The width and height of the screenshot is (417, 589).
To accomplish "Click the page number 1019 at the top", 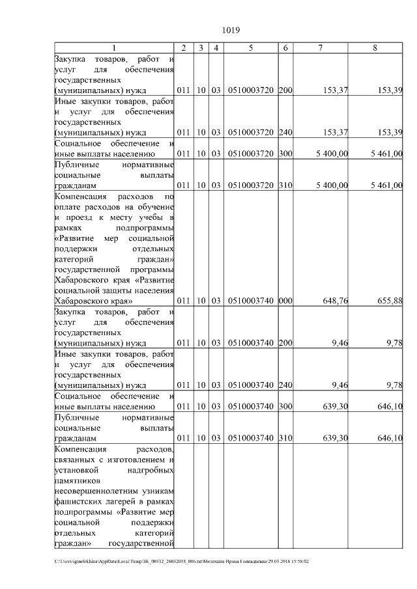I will [232, 31].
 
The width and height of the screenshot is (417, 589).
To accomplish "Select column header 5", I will [251, 48].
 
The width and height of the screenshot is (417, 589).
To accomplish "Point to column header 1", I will [114, 48].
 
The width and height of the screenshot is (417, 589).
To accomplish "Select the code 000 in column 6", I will [285, 301].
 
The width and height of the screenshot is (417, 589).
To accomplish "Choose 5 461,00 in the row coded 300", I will [386, 154].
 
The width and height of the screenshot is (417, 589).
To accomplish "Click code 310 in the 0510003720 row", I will [285, 185].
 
